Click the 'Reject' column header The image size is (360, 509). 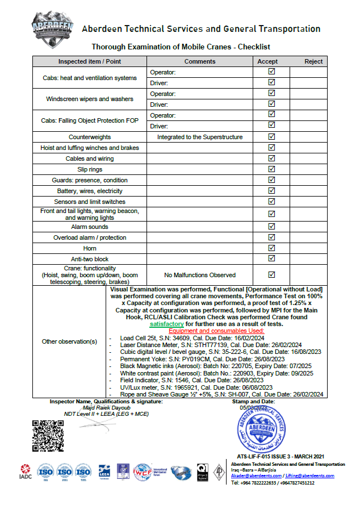[313, 61]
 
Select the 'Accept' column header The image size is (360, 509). [267, 61]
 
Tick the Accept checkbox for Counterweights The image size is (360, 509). [271, 137]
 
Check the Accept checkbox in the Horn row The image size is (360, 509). [271, 248]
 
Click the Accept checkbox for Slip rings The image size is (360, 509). [271, 169]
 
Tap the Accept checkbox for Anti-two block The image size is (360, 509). [271, 259]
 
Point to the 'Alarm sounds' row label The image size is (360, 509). [90, 227]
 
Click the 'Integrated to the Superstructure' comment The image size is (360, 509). [200, 137]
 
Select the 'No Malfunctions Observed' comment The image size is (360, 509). [199, 275]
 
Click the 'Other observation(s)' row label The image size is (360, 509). [70, 341]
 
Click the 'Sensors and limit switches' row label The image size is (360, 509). [90, 202]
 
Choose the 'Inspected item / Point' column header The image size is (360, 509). [90, 61]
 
